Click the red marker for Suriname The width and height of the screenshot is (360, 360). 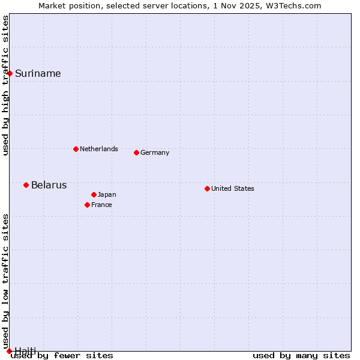10,73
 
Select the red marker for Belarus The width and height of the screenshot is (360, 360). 26,185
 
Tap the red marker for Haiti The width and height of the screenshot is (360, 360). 9,351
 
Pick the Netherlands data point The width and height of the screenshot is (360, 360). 76,149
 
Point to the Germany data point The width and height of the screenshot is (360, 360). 136,152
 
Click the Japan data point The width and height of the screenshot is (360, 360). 94,194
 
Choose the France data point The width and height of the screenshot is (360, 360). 87,205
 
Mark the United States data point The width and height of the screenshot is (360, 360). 207,188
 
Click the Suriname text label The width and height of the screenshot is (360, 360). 38,73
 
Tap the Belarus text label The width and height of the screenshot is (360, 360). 49,185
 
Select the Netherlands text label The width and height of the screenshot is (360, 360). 99,149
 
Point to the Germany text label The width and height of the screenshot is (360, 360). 155,152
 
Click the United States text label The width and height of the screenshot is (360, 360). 233,188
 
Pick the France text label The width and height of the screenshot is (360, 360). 101,205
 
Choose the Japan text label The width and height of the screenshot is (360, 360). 107,194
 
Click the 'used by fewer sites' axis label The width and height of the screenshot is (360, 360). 62,355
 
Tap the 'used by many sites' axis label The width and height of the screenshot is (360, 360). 301,355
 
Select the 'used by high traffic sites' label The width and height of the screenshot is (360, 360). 6,85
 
